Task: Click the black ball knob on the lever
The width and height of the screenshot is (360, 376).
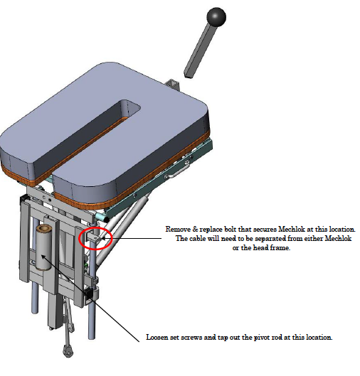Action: point(216,16)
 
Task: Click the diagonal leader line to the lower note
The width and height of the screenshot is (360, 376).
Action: point(90,298)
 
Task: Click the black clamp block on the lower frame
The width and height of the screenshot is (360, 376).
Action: point(88,294)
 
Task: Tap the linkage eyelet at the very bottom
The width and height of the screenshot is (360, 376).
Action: point(68,351)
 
